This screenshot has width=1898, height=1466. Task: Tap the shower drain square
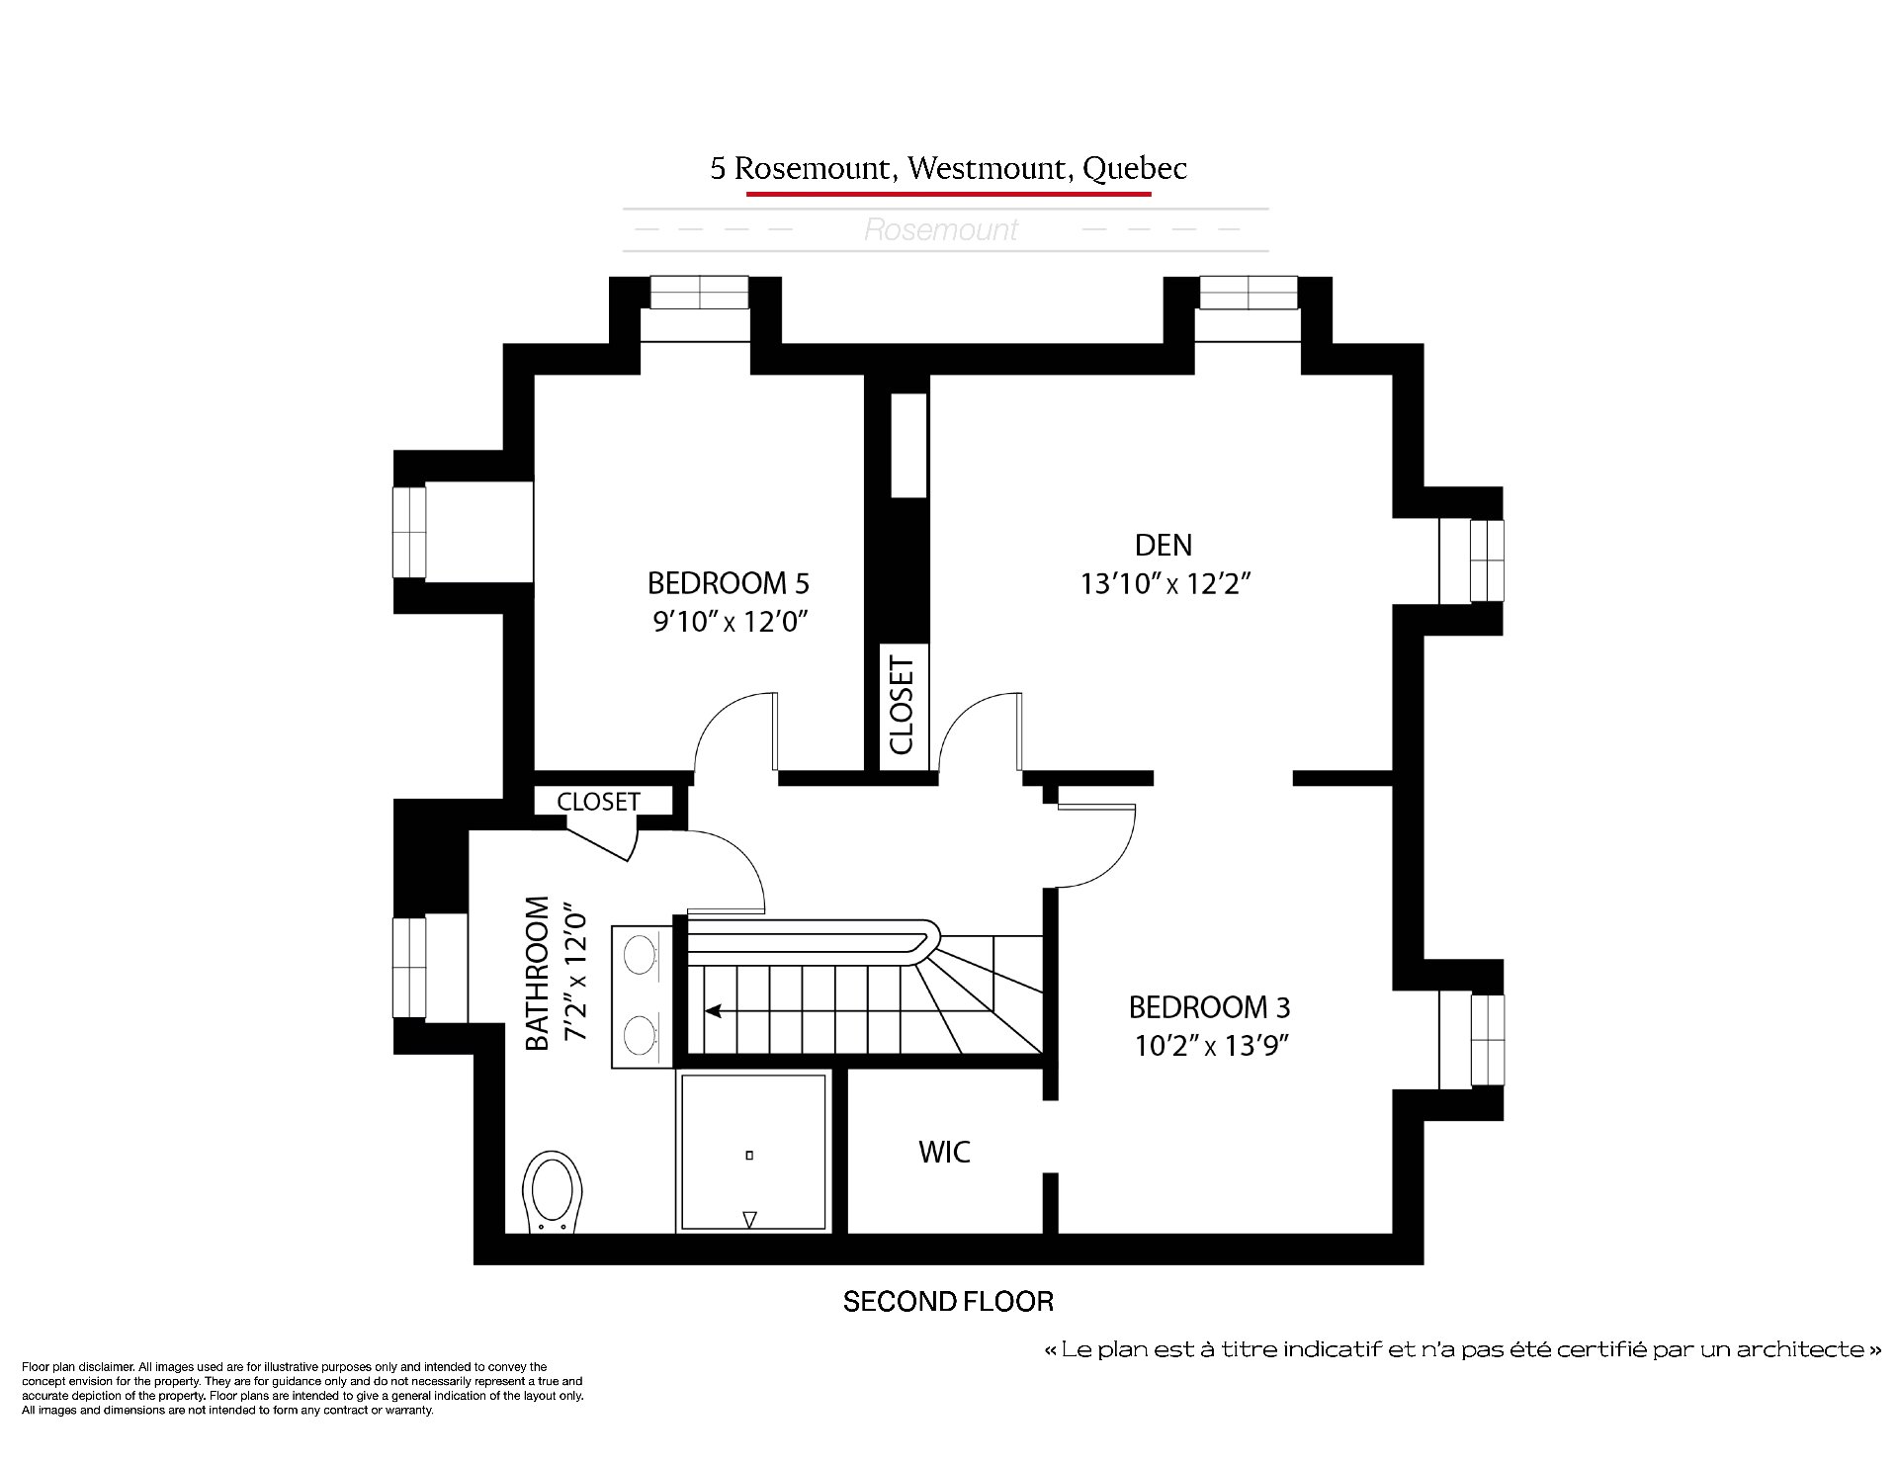point(749,1155)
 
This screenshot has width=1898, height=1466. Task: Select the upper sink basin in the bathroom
point(641,955)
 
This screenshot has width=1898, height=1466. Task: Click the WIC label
point(944,1152)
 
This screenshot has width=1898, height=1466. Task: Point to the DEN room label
point(1164,545)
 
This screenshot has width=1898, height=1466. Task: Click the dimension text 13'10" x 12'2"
point(1165,584)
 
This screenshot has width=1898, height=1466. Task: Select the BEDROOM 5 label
point(729,583)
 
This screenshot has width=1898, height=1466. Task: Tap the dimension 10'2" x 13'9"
point(1210,1046)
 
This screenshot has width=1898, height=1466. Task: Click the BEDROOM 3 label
point(1209,1007)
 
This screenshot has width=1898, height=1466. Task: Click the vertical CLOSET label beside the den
point(902,706)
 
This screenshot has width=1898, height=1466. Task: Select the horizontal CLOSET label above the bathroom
point(598,802)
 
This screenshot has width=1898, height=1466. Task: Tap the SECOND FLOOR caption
point(948,1302)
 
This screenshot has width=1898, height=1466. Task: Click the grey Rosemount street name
point(941,230)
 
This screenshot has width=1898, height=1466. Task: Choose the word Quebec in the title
point(1135,169)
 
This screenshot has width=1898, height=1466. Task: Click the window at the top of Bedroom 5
point(699,293)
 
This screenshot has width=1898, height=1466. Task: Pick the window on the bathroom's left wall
point(409,968)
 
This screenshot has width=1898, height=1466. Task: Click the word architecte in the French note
point(1808,1350)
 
